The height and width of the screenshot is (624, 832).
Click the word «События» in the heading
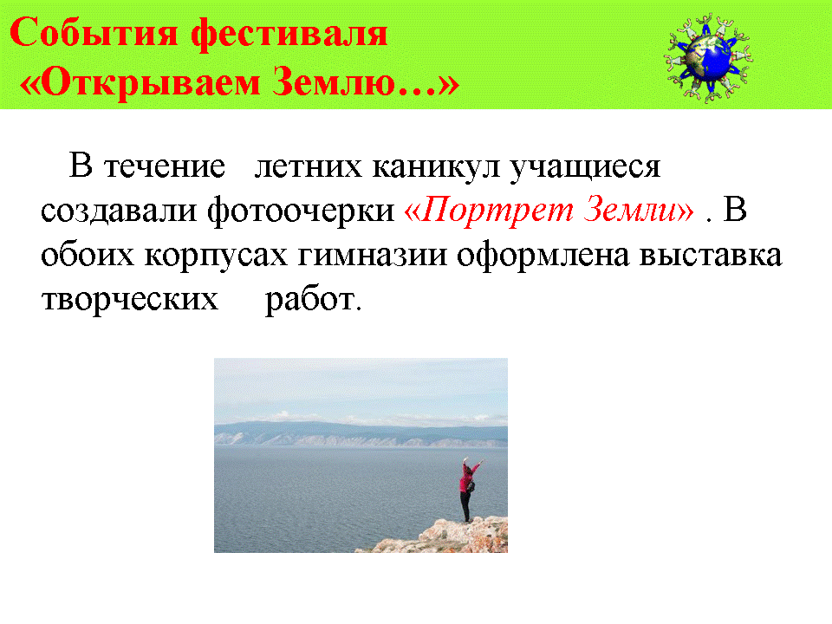coord(94,33)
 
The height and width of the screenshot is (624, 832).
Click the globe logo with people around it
coord(708,58)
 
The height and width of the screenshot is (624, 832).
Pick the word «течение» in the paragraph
coord(165,166)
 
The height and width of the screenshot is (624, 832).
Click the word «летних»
coord(309,166)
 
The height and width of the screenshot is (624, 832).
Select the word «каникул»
coord(436,167)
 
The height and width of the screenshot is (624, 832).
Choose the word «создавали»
coord(120,211)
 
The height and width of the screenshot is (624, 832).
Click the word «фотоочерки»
coord(301,210)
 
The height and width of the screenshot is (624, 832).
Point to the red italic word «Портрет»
coord(497,210)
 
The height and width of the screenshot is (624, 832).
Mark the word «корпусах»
coord(216,256)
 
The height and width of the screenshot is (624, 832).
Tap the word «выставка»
coord(711,255)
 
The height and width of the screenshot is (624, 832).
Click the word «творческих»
coord(130,300)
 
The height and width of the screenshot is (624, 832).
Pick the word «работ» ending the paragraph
coord(310,299)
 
